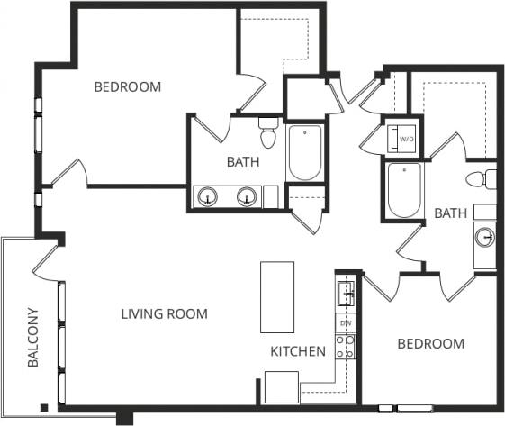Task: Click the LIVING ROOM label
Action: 164,314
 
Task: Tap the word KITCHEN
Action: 298,351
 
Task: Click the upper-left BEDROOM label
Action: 128,87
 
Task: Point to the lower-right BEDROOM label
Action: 431,343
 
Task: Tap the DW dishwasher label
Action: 346,322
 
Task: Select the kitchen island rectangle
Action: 277,297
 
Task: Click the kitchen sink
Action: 346,293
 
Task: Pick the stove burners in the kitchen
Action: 346,347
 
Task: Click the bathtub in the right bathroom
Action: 404,190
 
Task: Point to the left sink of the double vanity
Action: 209,196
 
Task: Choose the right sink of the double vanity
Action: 246,196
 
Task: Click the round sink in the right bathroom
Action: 485,238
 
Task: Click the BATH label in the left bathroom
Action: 243,163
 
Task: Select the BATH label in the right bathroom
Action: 450,213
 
